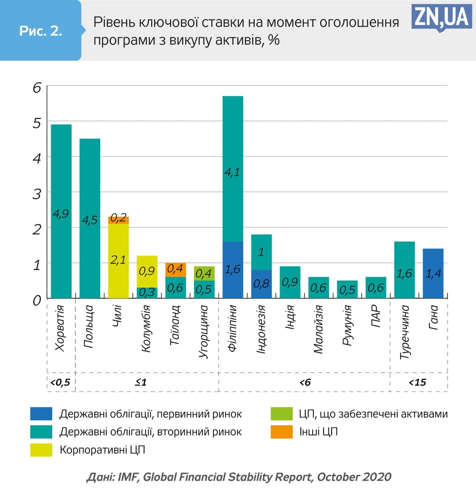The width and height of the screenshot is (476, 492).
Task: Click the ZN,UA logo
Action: [x=442, y=17]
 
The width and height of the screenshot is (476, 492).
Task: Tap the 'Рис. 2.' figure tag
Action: [x=40, y=31]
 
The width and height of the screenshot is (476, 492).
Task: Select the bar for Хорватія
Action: [x=61, y=211]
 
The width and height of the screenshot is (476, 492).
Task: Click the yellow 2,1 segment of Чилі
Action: [x=118, y=260]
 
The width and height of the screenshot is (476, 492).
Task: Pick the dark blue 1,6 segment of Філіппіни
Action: [x=233, y=269]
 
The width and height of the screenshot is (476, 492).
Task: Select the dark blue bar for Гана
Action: [x=433, y=273]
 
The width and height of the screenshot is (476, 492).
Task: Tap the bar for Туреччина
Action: [x=405, y=269]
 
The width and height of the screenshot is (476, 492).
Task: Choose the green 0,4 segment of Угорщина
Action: [x=204, y=273]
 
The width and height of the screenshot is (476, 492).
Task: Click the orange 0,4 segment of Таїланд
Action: [x=176, y=269]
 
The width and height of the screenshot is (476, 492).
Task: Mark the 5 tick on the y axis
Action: [x=36, y=123]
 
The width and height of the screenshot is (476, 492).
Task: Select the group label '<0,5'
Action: [x=61, y=382]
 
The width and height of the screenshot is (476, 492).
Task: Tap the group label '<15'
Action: [x=418, y=382]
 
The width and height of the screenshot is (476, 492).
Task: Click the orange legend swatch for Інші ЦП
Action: [x=282, y=432]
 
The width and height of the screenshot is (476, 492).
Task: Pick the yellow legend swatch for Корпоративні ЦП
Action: [x=41, y=450]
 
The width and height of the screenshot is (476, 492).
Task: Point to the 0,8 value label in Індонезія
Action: [x=261, y=284]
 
